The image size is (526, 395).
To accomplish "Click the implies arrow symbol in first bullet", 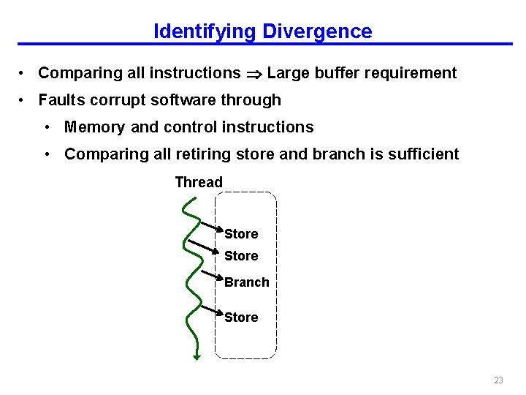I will (254, 73).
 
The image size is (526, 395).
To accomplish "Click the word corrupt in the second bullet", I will (118, 100).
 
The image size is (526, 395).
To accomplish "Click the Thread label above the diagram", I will (199, 182).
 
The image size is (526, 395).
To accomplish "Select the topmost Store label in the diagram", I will (241, 234).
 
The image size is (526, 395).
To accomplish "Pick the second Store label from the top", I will (241, 256).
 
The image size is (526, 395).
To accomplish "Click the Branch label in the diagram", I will (247, 282).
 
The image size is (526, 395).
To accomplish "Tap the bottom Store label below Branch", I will (241, 317).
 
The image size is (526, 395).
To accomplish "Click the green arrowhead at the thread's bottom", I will (197, 356).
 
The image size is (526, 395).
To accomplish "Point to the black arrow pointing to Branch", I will (211, 276).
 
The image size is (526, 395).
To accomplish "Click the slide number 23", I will (498, 380).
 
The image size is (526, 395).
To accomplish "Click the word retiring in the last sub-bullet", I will (197, 154).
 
